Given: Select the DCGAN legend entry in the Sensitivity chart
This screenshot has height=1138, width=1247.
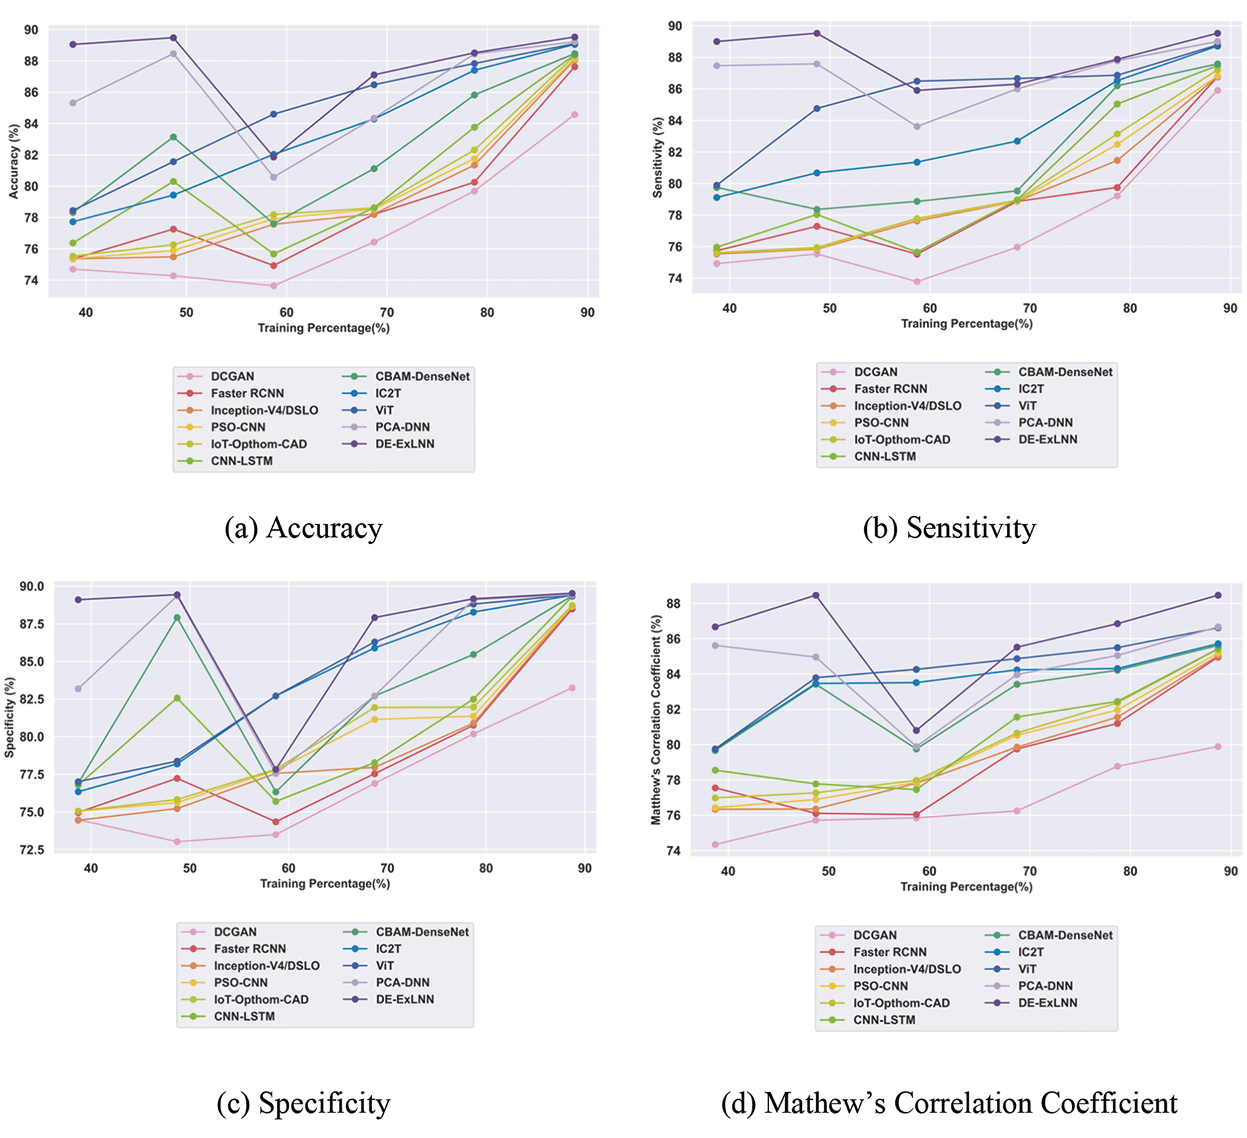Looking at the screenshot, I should [875, 371].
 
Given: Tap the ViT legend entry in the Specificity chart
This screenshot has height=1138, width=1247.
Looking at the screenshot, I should [384, 965].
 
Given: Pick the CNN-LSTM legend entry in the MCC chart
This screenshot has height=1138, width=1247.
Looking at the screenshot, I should [884, 1019].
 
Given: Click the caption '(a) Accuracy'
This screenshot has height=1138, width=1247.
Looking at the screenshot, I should [303, 528].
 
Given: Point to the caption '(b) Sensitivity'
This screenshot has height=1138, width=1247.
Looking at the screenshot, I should [949, 528].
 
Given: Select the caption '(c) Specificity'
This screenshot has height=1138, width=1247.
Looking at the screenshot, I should [303, 1103].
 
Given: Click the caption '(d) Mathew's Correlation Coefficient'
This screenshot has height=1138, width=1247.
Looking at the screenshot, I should [949, 1103].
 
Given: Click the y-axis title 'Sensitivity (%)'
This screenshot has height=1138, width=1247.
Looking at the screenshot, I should [658, 157].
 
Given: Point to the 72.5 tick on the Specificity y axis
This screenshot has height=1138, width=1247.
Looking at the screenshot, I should [30, 849].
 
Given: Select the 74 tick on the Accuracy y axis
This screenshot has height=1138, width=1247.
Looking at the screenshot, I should [32, 280].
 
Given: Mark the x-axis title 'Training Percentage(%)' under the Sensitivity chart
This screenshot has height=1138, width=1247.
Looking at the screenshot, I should [967, 324].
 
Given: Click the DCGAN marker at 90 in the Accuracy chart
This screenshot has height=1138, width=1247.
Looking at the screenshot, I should [574, 115].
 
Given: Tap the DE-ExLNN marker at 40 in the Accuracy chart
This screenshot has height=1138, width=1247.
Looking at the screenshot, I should [73, 44].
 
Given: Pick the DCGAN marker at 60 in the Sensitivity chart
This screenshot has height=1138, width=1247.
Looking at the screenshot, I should [917, 281].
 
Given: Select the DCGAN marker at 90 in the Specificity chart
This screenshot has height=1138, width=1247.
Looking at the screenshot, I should [572, 688].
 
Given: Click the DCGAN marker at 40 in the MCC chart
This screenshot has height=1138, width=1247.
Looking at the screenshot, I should [715, 844].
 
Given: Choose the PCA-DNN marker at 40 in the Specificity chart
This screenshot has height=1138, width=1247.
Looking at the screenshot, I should [78, 688].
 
